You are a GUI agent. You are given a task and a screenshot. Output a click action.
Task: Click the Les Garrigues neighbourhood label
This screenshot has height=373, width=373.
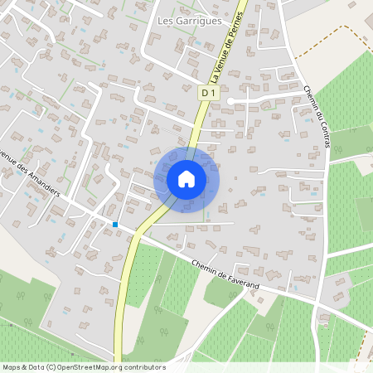pos(190,22)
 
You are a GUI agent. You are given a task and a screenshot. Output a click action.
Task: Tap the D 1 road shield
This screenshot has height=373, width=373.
pos(206,94)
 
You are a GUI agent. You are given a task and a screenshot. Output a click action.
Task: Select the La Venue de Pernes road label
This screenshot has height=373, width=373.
pos(228,50)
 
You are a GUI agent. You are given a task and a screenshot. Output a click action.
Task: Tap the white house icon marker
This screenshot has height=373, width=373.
pos(186,178)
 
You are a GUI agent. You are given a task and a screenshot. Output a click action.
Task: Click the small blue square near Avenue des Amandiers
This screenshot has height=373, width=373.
pos(115,224)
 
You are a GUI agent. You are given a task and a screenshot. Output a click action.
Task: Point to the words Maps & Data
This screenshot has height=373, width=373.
pos(22,366)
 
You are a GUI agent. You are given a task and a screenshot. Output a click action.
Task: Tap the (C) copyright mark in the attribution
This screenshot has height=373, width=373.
pos(51,366)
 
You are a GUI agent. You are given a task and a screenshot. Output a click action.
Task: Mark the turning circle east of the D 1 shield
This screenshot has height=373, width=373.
pos(231,100)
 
